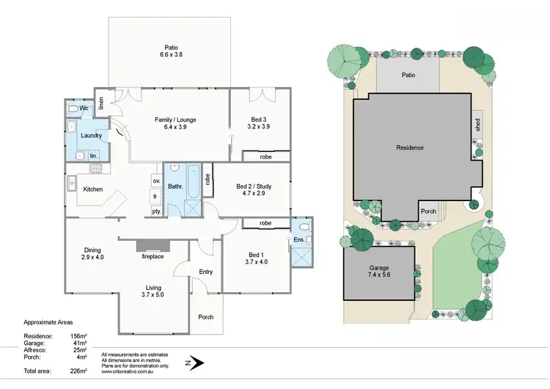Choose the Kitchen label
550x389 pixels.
(x=93, y=189)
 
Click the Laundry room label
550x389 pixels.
(x=91, y=136)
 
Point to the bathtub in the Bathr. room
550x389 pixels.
(x=193, y=181)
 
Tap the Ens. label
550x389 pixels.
(x=299, y=240)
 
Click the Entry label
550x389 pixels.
(x=205, y=272)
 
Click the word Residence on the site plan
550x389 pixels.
(x=410, y=148)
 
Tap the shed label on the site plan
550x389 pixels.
(x=477, y=126)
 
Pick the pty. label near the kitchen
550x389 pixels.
(x=156, y=211)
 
